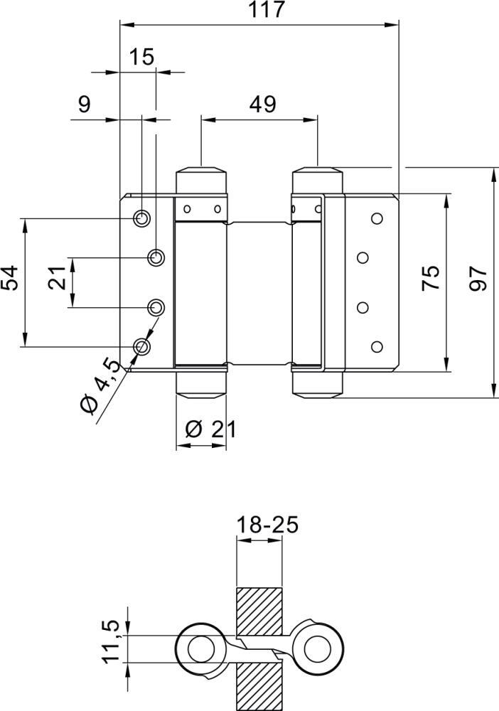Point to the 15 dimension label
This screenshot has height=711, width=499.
142,57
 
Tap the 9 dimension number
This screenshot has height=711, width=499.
84,105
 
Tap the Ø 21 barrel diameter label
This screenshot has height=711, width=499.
210,429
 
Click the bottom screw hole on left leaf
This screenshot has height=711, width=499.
142,346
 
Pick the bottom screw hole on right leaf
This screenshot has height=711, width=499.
377,346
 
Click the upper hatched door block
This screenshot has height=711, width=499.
259,611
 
